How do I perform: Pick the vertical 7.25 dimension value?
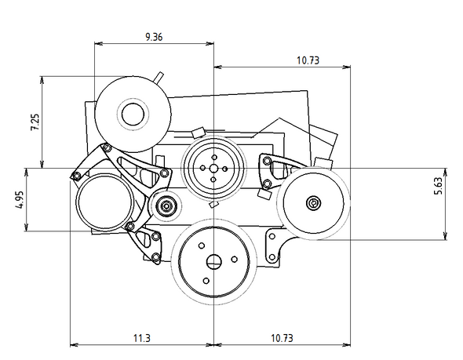[x=35, y=122]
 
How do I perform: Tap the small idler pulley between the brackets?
[x=166, y=207]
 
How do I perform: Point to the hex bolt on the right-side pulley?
[x=314, y=202]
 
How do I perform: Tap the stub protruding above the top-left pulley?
[x=159, y=77]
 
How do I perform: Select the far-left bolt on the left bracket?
[x=75, y=175]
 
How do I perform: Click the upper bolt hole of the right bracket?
[x=267, y=162]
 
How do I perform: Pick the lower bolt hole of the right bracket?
[x=267, y=184]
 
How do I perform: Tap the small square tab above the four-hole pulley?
[x=198, y=132]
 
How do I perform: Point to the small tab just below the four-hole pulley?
[x=212, y=205]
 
